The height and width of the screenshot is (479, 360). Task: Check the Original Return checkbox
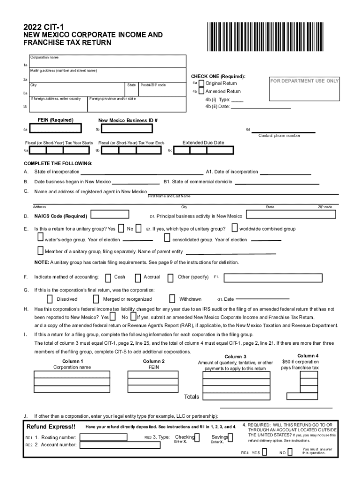tap(202, 83)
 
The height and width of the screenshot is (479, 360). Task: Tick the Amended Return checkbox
tap(202, 92)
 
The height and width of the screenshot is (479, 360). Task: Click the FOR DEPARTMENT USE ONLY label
tap(304, 81)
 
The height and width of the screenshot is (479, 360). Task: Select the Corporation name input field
tap(108, 63)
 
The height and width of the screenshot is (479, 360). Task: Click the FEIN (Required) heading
tap(56, 120)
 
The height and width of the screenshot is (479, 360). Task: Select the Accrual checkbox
tap(137, 277)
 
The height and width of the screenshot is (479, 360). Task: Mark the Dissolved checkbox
tap(50, 299)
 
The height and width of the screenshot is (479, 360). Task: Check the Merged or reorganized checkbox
tap(96, 299)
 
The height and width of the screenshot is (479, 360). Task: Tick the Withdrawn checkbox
tap(172, 299)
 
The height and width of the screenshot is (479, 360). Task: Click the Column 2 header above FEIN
tap(154, 361)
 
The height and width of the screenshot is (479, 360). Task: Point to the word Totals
tap(191, 397)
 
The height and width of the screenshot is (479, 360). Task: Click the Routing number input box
tap(103, 437)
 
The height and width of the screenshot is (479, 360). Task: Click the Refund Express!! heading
tap(51, 427)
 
